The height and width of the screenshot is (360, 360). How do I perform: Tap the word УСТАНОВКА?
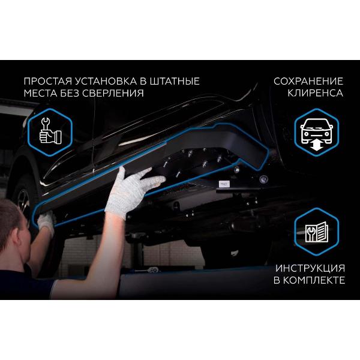coord(106,81)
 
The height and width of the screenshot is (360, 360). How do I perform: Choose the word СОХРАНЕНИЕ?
coord(308,81)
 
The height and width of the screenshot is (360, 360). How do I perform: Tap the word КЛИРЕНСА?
coord(315,93)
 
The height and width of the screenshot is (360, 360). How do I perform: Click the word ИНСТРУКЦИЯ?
coord(310,268)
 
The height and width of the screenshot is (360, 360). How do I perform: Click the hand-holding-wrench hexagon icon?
coord(50,132)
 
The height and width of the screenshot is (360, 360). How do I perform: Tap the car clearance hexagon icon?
coord(317,132)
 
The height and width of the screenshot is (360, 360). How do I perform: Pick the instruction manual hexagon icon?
coord(317,232)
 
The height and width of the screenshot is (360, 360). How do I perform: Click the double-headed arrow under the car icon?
coord(316,146)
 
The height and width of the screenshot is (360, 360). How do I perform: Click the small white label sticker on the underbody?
coord(224,184)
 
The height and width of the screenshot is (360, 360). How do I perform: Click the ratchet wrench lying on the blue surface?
coord(147,270)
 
